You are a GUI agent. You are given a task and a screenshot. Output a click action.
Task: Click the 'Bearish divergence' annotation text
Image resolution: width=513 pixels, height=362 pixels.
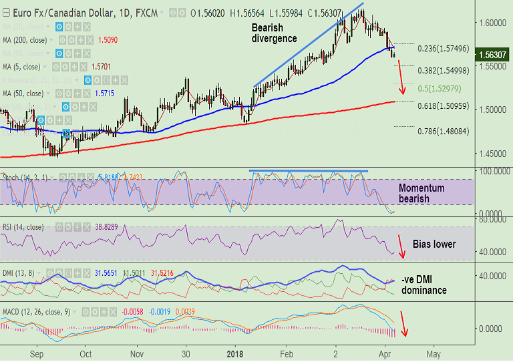[274, 33]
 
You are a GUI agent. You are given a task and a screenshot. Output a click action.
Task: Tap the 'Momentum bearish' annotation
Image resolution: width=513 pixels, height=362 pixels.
[421, 194]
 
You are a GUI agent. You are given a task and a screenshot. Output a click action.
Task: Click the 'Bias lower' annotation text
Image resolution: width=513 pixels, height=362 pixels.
[434, 244]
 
